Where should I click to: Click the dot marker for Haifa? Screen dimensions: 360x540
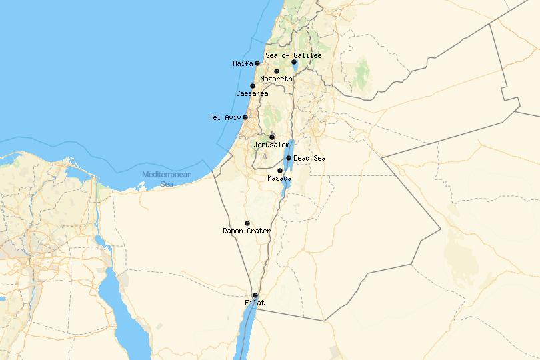(257, 63)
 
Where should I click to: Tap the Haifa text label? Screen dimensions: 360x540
(243, 64)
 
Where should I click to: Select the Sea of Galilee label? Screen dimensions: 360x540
(293, 55)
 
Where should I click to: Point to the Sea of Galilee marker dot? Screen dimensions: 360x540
(294, 62)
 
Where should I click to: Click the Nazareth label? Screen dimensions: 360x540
(276, 79)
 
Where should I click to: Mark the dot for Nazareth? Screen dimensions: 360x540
(277, 71)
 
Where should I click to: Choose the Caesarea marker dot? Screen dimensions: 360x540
(253, 86)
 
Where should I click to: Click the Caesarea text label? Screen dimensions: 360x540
(252, 94)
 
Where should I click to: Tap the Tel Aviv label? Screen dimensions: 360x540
(224, 118)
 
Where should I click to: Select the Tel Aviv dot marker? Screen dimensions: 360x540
(245, 117)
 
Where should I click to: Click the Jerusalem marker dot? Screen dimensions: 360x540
(272, 137)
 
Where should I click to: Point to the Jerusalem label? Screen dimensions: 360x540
(271, 145)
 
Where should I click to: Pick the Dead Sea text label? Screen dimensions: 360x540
(309, 158)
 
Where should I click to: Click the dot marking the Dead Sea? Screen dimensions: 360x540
(289, 158)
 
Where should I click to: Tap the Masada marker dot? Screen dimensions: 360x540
(280, 171)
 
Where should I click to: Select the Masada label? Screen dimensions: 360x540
(279, 179)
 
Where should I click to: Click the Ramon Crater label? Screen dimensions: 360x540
(247, 231)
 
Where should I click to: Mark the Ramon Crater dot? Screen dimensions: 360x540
(247, 223)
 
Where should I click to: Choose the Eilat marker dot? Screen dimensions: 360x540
(255, 295)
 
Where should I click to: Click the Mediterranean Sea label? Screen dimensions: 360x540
(166, 179)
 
